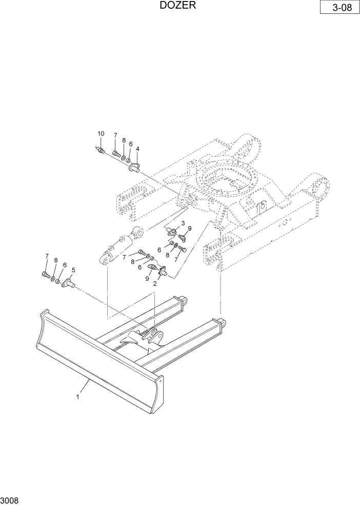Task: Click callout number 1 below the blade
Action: (x=78, y=396)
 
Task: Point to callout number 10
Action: (x=101, y=134)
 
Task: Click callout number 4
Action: (x=137, y=149)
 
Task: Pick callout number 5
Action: (x=73, y=270)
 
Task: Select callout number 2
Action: (x=155, y=283)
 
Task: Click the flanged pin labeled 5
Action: (x=69, y=282)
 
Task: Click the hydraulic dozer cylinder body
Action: (x=115, y=248)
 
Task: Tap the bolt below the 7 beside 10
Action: (x=115, y=152)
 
